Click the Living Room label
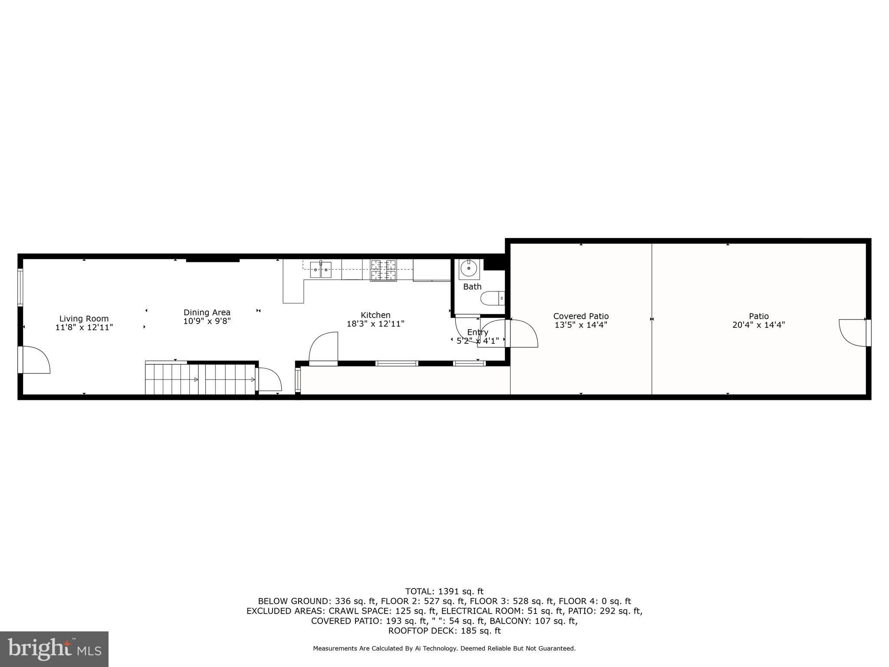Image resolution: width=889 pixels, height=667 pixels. (84, 319)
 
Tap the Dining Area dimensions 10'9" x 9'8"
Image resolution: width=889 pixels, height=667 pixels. (207, 321)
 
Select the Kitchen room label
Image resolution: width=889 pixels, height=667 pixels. (375, 315)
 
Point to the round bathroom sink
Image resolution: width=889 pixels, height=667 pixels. (469, 268)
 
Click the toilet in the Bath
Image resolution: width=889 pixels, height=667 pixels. (492, 298)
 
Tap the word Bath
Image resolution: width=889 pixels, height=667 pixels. (472, 287)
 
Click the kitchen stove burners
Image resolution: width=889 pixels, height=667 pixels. (383, 270)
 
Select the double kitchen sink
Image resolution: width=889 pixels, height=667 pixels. (321, 269)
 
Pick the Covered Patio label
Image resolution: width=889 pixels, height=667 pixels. (581, 316)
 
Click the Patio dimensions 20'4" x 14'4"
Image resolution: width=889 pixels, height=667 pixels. (758, 325)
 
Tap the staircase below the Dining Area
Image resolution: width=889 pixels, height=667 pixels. (200, 379)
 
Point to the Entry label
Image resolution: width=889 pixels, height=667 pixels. (477, 332)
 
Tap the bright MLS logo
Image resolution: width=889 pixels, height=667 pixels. (54, 649)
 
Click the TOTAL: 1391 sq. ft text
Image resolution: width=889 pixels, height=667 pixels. (444, 591)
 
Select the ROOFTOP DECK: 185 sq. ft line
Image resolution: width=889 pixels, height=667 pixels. (444, 631)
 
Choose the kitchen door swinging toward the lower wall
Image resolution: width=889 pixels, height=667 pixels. (324, 347)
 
